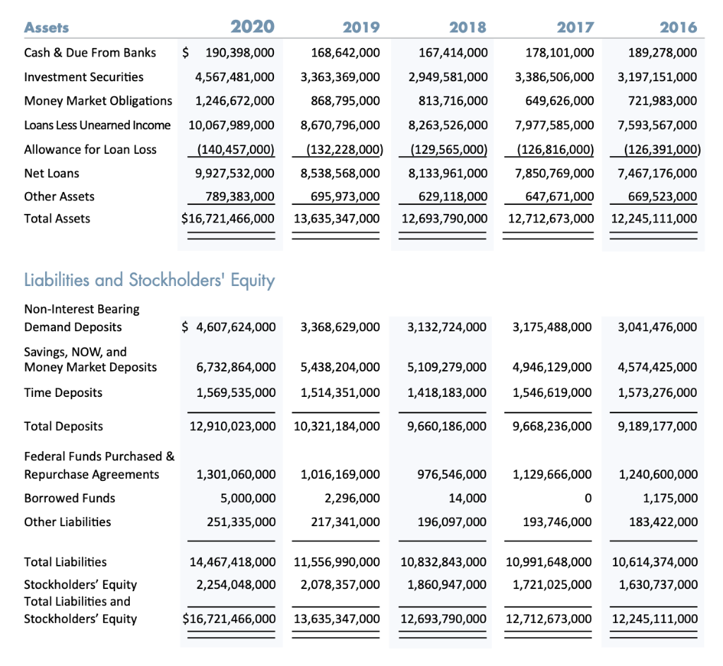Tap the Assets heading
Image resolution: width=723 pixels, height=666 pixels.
pos(47,28)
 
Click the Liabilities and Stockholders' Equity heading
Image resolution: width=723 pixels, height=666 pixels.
pos(150,280)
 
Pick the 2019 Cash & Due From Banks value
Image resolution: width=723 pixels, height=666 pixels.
pos(345,52)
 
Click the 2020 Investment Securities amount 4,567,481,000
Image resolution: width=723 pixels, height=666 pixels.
pos(234,76)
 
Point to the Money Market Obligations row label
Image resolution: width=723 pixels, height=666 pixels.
pos(98,100)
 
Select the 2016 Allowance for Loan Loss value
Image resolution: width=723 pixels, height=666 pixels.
pos(655,149)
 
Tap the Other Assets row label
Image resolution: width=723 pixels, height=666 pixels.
pos(59,196)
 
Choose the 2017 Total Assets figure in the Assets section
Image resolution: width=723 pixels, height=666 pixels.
pos(551,218)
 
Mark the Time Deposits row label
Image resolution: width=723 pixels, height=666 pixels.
pos(63,392)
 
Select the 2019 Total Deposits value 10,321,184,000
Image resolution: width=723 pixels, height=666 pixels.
pos(336,426)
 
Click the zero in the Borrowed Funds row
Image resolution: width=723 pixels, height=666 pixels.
pos(588,498)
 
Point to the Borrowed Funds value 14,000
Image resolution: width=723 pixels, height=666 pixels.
pos(467,498)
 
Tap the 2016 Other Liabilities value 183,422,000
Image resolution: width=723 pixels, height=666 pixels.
pos(657,522)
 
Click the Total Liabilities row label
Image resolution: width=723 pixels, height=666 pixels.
pos(66,561)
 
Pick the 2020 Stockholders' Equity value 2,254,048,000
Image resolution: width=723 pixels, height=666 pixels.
pos(234,584)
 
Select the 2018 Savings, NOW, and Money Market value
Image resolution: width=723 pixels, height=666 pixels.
pos(448,367)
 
